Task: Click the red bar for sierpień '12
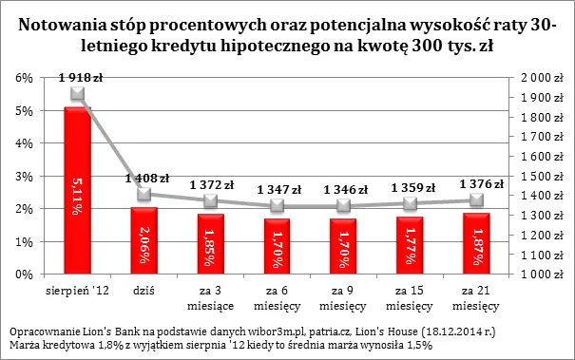click(x=77, y=190)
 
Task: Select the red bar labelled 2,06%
click(x=144, y=240)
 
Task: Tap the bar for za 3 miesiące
click(x=211, y=243)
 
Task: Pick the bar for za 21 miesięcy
click(x=476, y=243)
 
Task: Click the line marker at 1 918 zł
click(x=77, y=94)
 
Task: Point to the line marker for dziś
click(x=144, y=194)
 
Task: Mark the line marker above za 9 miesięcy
click(x=343, y=206)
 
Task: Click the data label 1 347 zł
click(x=277, y=190)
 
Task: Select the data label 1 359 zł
click(x=410, y=187)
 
